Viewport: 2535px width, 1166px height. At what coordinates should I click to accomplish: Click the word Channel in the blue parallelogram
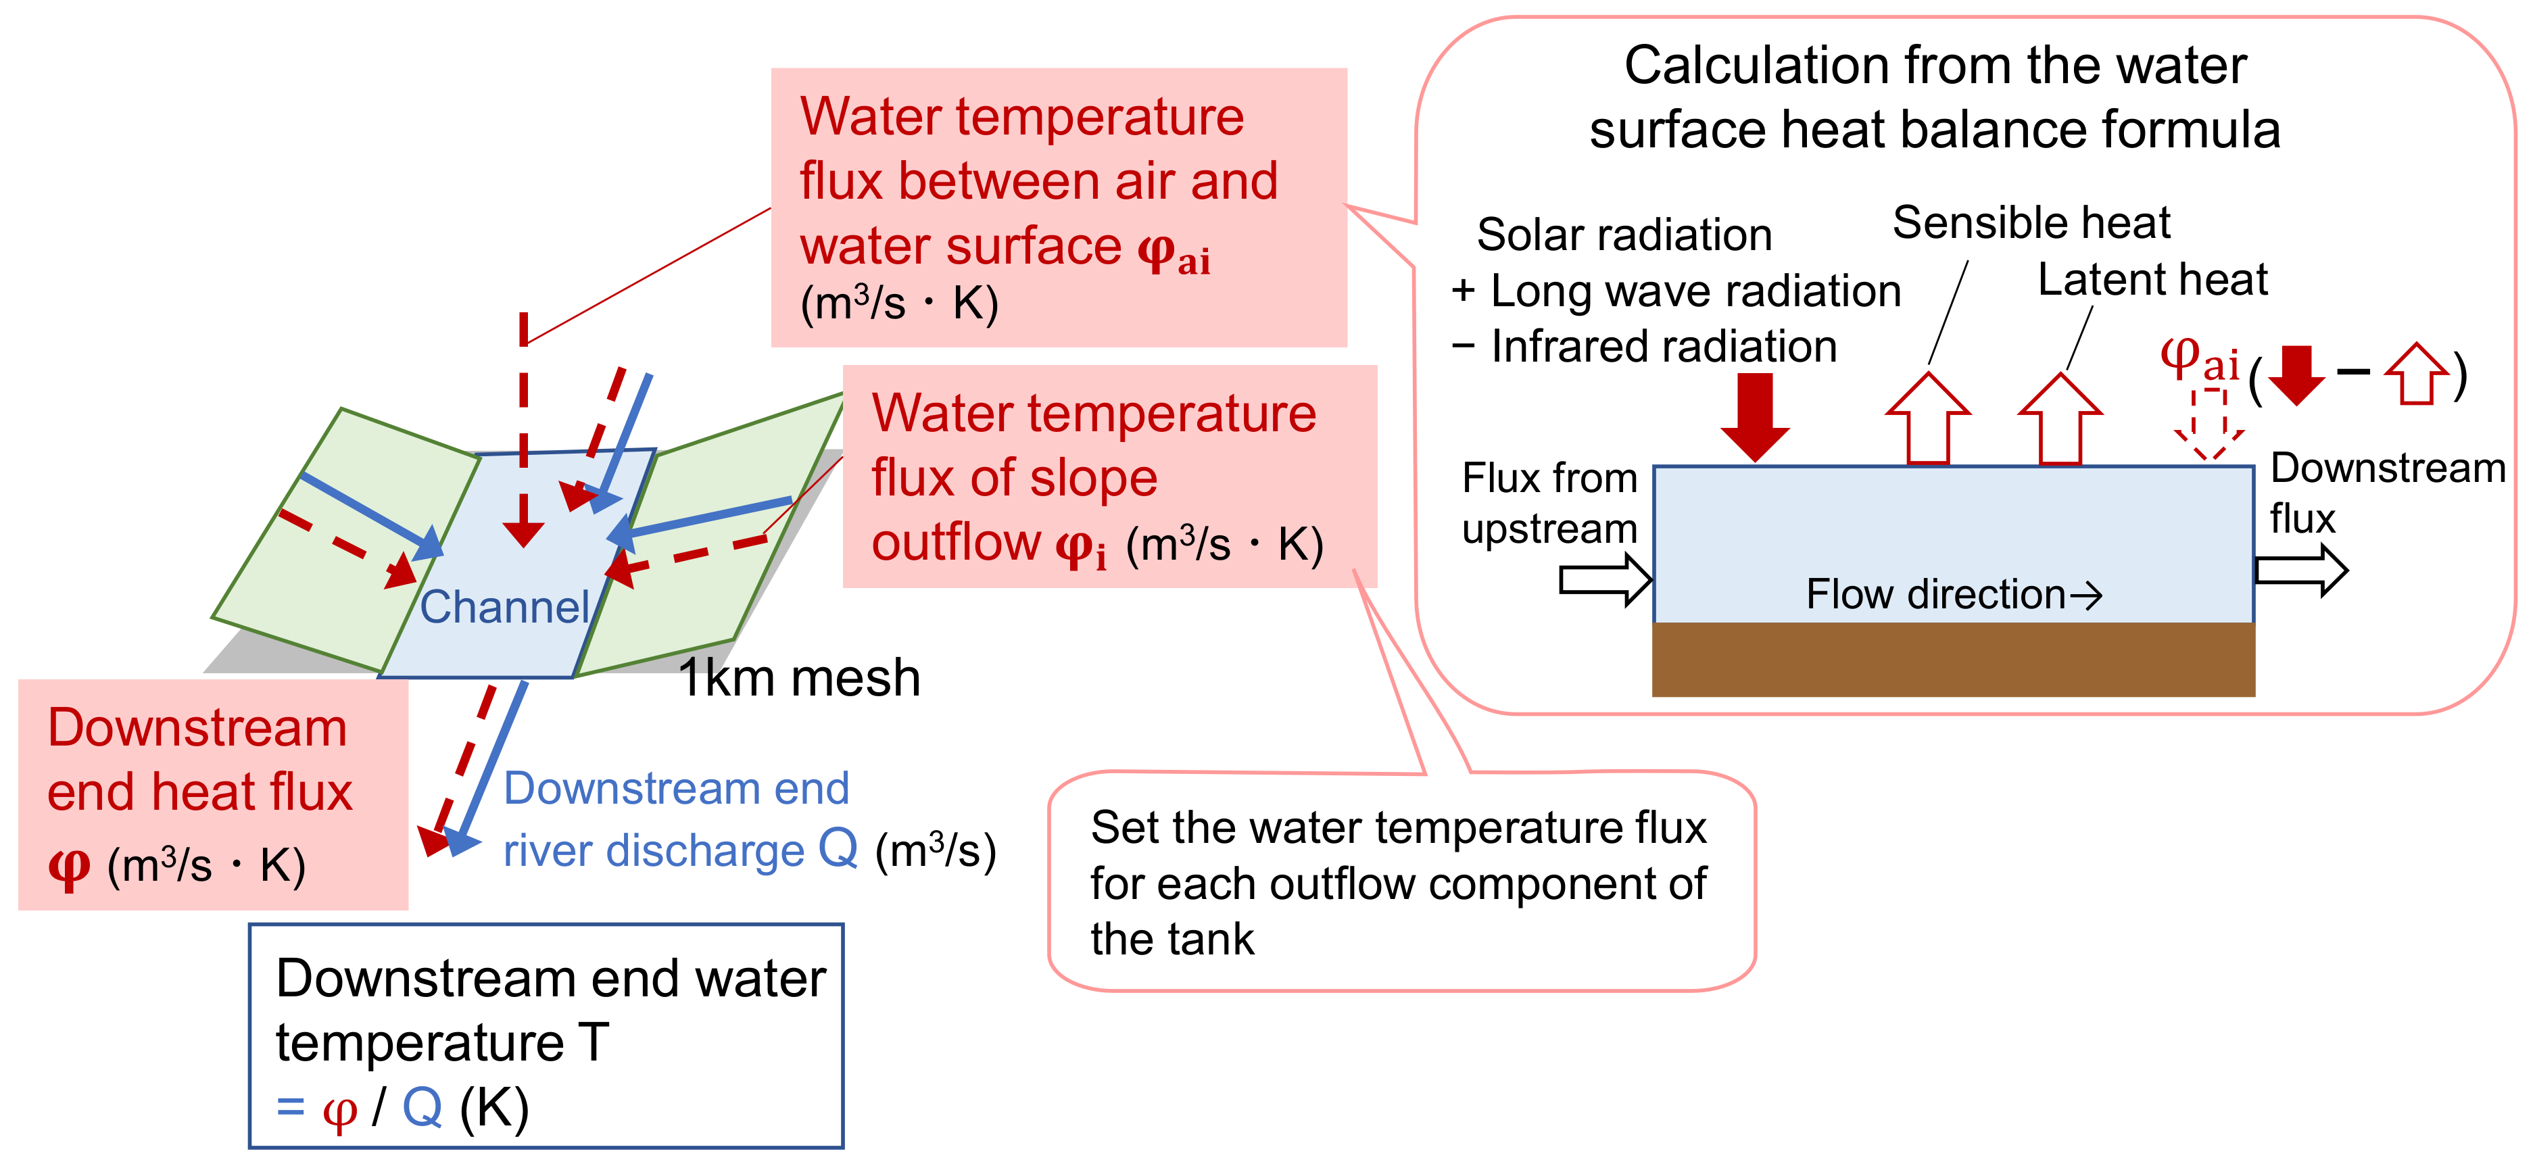point(504,607)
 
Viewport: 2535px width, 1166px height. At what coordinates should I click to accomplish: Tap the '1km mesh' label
point(799,678)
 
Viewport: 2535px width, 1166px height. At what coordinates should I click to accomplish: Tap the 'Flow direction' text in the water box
point(1935,594)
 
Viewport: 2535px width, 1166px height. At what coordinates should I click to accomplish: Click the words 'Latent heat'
point(2152,279)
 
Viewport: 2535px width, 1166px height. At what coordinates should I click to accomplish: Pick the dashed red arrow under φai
point(2209,424)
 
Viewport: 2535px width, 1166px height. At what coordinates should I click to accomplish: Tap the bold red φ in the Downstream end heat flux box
point(69,866)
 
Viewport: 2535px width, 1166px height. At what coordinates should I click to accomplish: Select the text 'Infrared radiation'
point(1663,346)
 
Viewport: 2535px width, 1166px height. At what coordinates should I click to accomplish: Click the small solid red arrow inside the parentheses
point(2296,375)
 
